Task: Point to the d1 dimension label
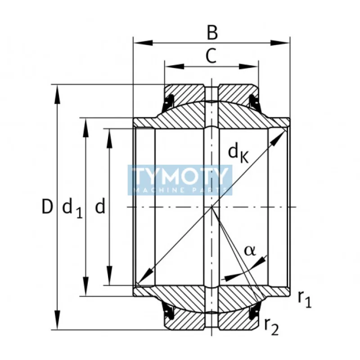click(72, 208)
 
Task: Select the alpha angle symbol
click(250, 251)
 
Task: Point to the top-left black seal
click(169, 101)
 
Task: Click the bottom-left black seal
click(169, 311)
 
